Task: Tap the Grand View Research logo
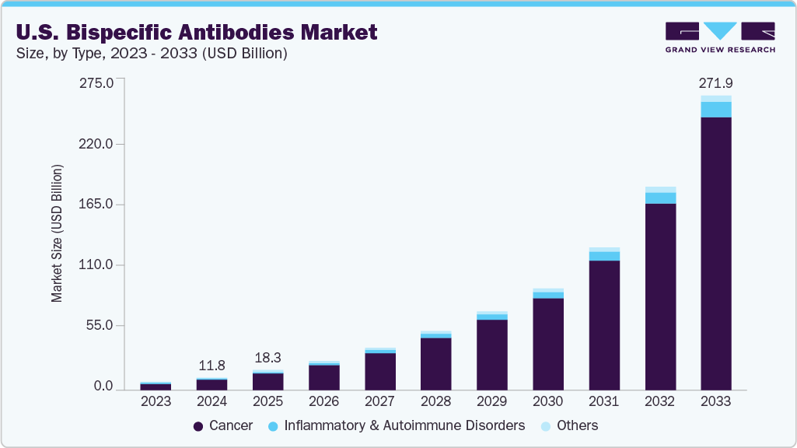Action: click(719, 37)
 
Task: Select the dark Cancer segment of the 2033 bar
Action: click(715, 253)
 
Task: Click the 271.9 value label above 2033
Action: click(715, 82)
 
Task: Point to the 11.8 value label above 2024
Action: click(211, 365)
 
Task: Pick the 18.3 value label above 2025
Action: click(267, 357)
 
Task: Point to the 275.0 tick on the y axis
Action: click(96, 83)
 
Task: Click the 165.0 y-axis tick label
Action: click(96, 205)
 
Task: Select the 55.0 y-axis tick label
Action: click(100, 325)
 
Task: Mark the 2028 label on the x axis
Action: click(435, 401)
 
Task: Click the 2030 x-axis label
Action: click(547, 401)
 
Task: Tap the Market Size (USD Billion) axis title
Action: click(57, 233)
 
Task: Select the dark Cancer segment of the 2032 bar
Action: click(660, 296)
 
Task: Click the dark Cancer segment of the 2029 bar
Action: click(491, 354)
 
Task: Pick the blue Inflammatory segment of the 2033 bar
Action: click(715, 110)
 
